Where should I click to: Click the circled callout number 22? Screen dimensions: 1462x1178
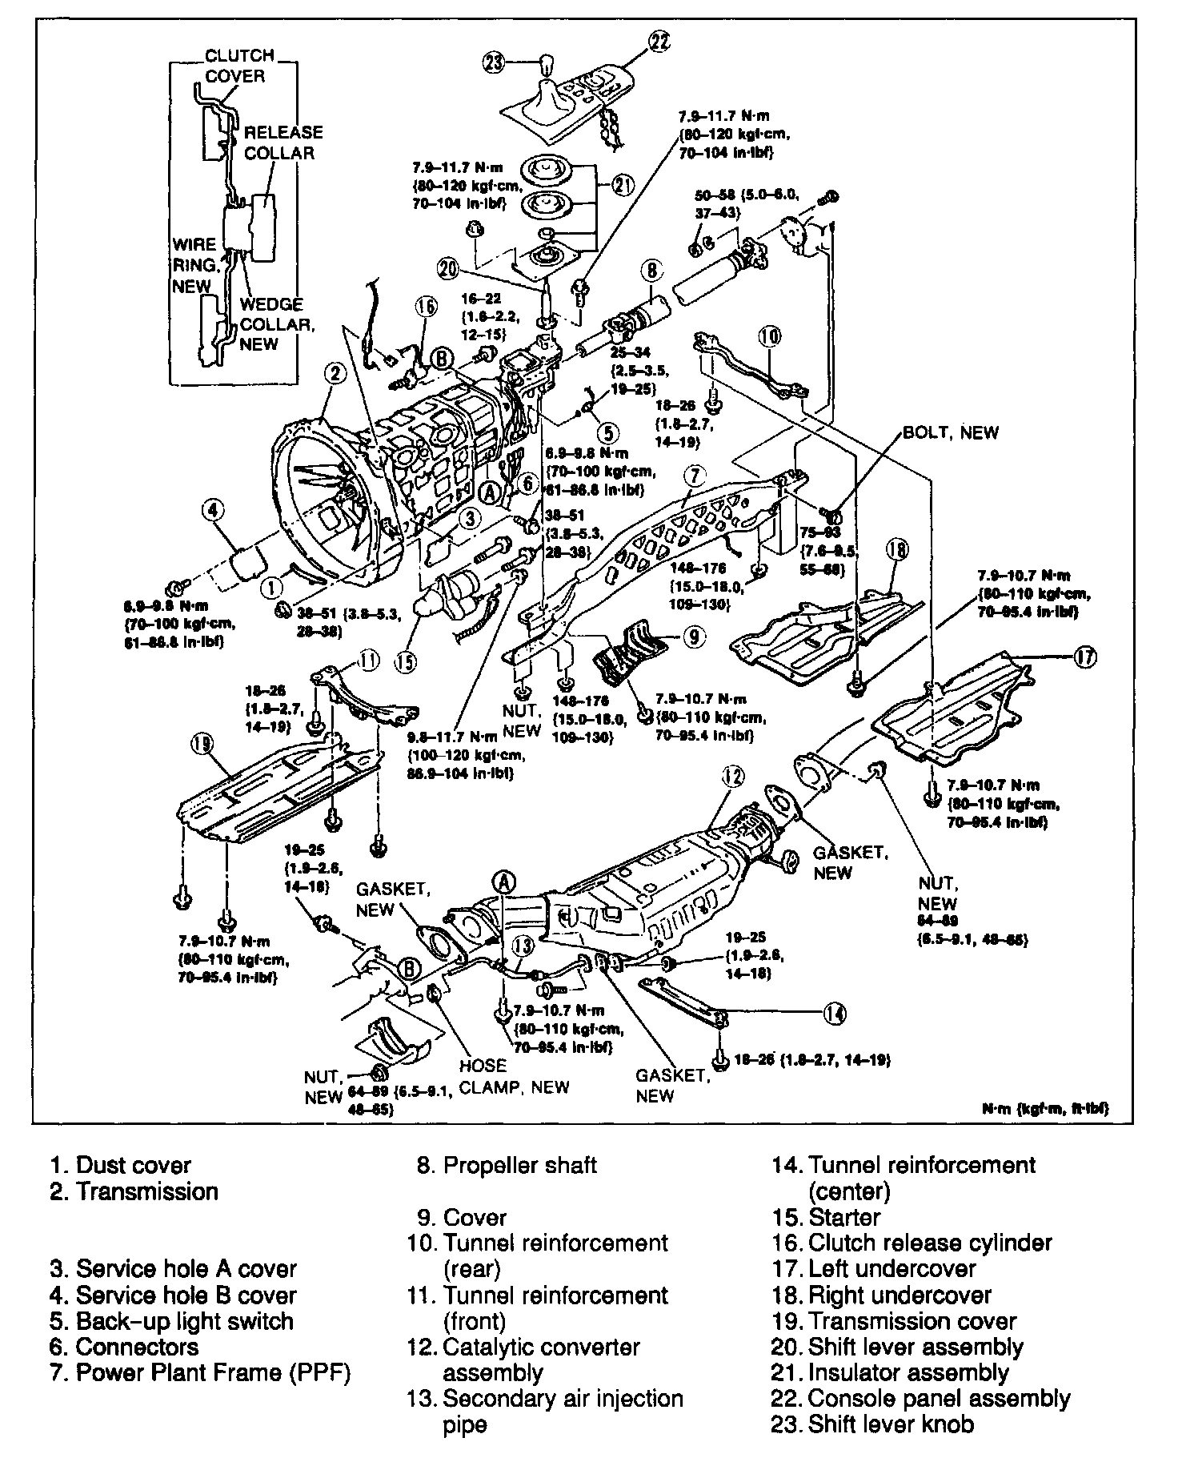(659, 42)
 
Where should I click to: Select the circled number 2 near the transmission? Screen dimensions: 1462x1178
(335, 372)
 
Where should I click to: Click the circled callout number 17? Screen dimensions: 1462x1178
(1084, 657)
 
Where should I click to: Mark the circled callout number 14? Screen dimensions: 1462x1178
(833, 1013)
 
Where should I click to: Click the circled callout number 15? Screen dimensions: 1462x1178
(406, 661)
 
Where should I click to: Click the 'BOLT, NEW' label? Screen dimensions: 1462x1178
(951, 432)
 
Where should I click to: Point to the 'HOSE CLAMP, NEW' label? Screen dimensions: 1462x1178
(514, 1076)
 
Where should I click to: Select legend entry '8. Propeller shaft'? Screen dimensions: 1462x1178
(507, 1165)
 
